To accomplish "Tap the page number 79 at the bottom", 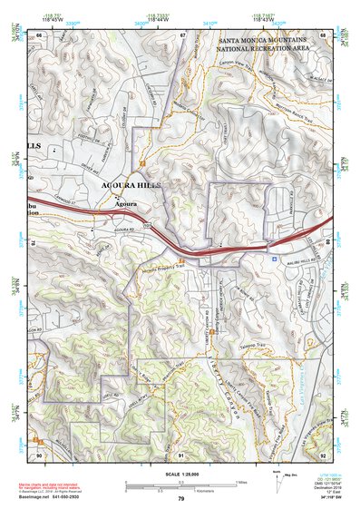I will click(x=180, y=499).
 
